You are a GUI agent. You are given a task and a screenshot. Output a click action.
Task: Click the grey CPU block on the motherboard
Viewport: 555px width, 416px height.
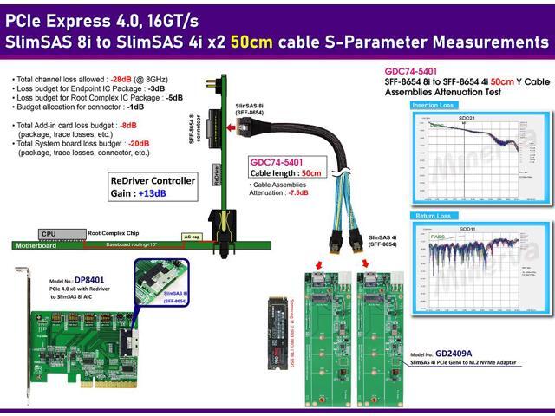pos(49,234)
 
